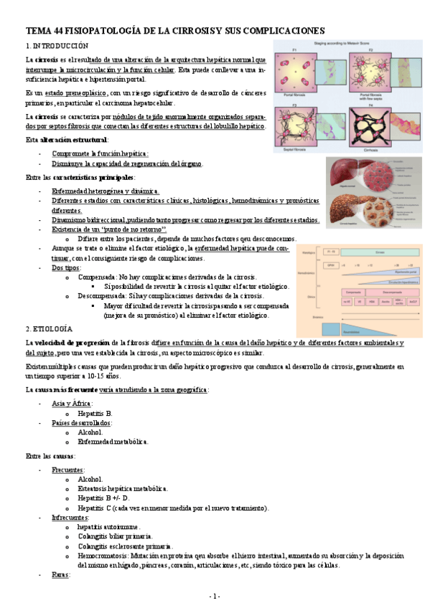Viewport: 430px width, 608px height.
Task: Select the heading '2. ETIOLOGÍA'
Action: coord(49,328)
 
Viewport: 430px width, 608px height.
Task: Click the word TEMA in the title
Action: coord(39,30)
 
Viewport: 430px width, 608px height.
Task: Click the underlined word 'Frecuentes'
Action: coord(68,470)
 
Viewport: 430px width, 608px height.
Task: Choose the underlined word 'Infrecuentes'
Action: coord(70,516)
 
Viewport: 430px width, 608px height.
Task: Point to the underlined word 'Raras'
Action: coord(60,574)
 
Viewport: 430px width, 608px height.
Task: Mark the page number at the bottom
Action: coord(215,596)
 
